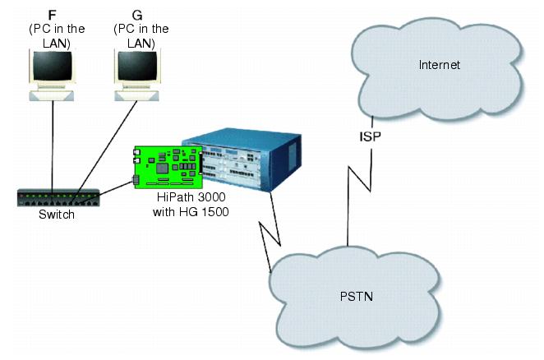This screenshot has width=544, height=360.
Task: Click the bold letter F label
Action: point(52,15)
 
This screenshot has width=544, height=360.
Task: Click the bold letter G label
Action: point(137,15)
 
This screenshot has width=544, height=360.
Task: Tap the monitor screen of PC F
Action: point(53,66)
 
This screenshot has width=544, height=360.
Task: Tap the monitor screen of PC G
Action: point(137,66)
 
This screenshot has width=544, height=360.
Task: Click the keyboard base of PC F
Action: point(51,96)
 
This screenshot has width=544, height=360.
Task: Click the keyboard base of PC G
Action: point(136,96)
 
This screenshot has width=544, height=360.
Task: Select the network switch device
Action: point(58,198)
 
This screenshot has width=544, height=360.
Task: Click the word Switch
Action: point(57,215)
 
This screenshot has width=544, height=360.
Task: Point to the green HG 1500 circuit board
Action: point(168,167)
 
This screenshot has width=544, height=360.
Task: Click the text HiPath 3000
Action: point(191,197)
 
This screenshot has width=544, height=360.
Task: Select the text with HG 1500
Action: point(191,212)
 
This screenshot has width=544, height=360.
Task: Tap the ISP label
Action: point(370,136)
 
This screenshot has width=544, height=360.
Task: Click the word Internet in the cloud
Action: point(439,65)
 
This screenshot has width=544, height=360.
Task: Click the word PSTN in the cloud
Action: point(357,297)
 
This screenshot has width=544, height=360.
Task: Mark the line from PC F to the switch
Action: point(53,146)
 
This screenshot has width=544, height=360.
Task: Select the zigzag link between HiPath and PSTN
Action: point(270,231)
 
